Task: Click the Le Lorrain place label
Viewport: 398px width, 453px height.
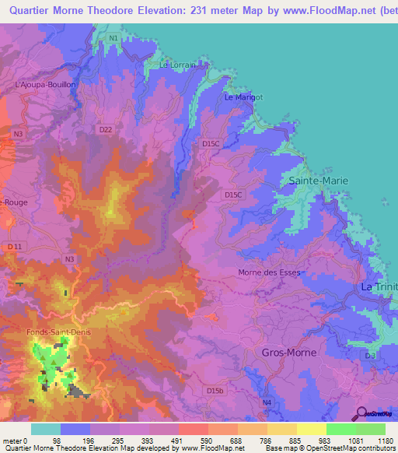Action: click(175, 65)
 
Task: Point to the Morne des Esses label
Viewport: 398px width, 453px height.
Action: click(268, 272)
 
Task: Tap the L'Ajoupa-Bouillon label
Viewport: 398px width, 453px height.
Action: click(44, 83)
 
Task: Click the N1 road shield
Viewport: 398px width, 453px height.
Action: click(114, 37)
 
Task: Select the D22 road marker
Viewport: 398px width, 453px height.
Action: click(106, 128)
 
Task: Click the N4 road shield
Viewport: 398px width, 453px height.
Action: click(267, 402)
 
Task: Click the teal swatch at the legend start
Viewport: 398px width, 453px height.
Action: click(46, 429)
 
